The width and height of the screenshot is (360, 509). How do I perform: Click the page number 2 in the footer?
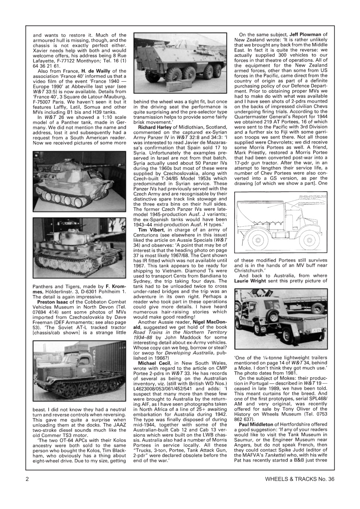pos(27,490)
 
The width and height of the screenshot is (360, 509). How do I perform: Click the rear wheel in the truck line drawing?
pos(258,240)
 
